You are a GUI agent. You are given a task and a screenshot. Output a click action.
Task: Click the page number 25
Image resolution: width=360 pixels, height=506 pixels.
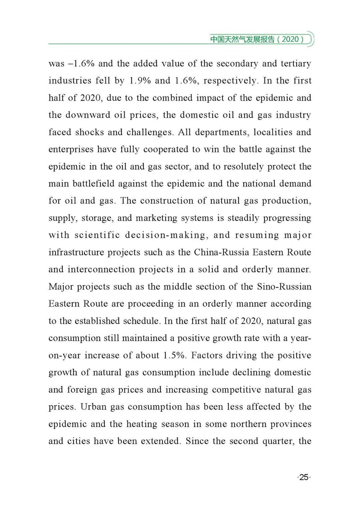click(x=304, y=477)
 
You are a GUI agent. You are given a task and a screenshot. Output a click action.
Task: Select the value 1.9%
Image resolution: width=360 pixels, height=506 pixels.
click(x=140, y=81)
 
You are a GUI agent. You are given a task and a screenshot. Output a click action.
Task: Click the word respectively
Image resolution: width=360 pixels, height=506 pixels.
click(x=231, y=81)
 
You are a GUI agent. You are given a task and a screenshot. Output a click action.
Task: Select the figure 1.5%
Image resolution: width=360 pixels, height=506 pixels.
click(x=175, y=356)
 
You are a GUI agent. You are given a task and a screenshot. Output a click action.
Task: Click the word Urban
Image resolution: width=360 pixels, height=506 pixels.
click(x=93, y=407)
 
